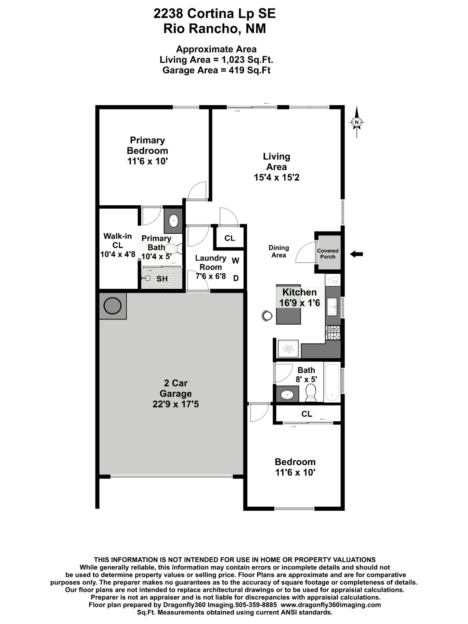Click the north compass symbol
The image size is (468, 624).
tap(357, 122)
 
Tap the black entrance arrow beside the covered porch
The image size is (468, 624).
tap(357, 254)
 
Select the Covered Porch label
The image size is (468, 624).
tap(328, 253)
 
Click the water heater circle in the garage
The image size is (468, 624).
tap(112, 305)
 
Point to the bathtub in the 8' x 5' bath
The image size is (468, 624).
tap(332, 382)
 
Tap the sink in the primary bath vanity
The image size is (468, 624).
tap(174, 221)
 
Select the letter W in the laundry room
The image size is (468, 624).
tap(236, 260)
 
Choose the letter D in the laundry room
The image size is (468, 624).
tap(236, 278)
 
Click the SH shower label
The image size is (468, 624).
tap(162, 279)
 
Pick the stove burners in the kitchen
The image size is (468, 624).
tap(333, 332)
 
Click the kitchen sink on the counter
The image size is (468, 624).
tap(332, 307)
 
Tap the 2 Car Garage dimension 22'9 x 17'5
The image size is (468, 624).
tap(175, 404)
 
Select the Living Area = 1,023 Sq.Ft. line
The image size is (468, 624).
tap(216, 60)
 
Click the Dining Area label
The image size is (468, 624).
tap(279, 251)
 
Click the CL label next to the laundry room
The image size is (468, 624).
tap(230, 238)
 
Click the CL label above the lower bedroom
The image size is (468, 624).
tap(306, 414)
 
